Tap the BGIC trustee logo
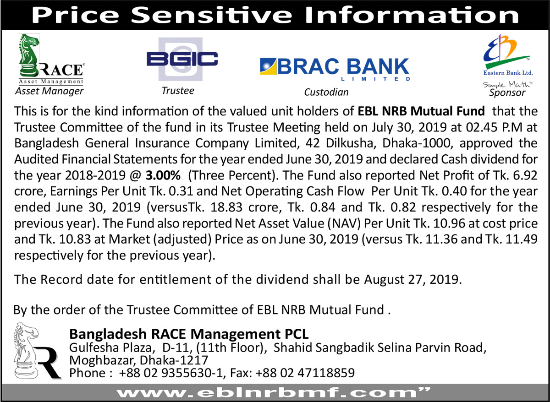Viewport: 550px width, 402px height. click(x=182, y=59)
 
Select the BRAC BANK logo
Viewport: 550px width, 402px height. click(x=335, y=70)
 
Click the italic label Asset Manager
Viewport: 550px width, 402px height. click(x=49, y=91)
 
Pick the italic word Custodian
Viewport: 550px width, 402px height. click(x=326, y=92)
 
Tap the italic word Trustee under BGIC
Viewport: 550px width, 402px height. click(x=178, y=91)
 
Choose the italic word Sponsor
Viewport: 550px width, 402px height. click(x=507, y=92)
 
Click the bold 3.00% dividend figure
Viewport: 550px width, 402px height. click(x=163, y=175)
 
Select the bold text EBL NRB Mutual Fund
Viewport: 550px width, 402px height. click(x=421, y=111)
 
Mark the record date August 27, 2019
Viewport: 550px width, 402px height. click(x=413, y=279)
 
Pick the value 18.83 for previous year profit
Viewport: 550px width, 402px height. click(x=226, y=207)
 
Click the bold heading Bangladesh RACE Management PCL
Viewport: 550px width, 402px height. click(x=189, y=334)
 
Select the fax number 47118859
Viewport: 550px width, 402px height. click(x=326, y=373)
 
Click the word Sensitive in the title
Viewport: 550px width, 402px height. click(x=211, y=15)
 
